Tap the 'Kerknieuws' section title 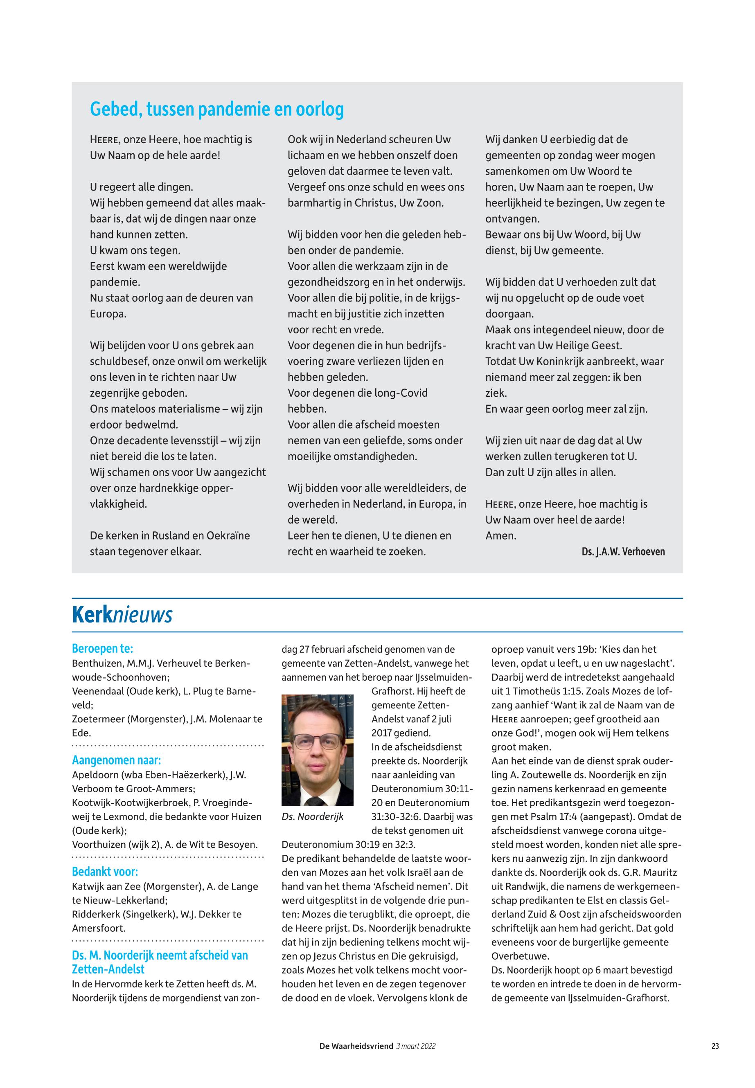(x=122, y=615)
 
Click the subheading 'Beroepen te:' (x=102, y=648)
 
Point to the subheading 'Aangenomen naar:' (x=116, y=760)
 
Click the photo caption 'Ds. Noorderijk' (x=312, y=816)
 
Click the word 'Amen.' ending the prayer (x=501, y=536)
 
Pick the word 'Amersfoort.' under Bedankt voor (x=98, y=928)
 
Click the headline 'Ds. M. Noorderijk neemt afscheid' (x=160, y=955)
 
